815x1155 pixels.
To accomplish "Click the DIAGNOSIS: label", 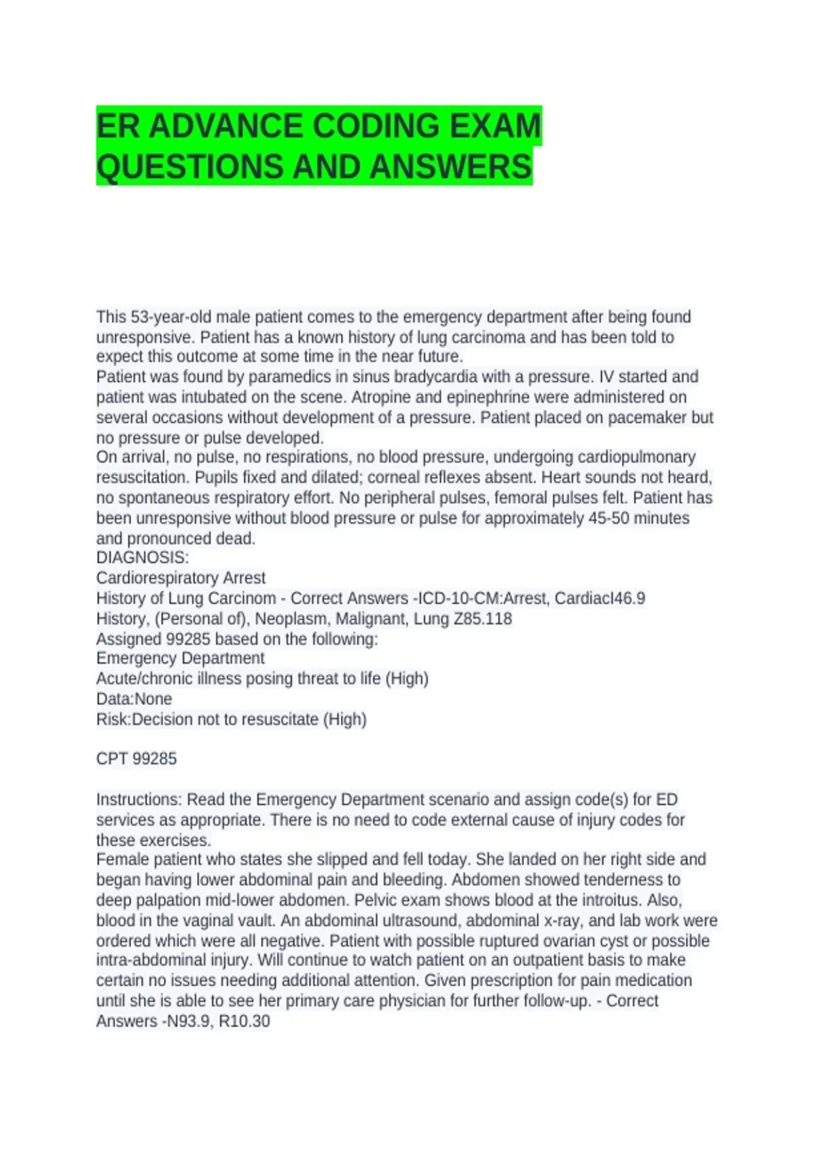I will [143, 558].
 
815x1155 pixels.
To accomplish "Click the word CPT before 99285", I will [112, 759].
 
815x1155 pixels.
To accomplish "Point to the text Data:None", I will [134, 699].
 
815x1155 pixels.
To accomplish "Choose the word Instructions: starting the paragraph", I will [139, 800].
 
